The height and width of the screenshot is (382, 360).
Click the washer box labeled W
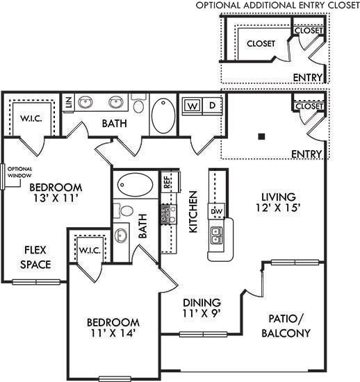pos(192,106)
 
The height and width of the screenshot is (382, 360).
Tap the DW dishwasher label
pos(216,211)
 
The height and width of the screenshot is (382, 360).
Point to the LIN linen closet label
pos(68,103)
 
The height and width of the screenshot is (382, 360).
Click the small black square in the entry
pos(261,136)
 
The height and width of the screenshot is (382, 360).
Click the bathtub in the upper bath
pos(164,115)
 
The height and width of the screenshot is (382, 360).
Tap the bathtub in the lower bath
pos(134,185)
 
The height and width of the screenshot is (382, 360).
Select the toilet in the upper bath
pos(138,106)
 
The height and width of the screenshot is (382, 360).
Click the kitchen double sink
pos(216,236)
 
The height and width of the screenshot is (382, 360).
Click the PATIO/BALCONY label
pos(287,326)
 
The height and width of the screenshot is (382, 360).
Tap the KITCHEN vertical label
pos(194,211)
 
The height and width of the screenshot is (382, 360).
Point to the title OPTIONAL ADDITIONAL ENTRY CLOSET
pos(277,6)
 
